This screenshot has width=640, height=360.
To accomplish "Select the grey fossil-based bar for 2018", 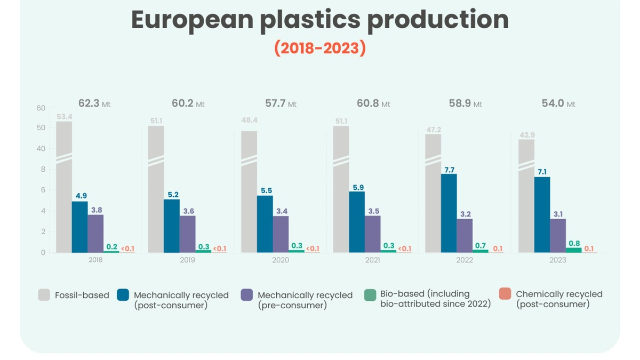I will point(64,187).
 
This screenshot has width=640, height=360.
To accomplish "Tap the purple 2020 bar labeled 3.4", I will point(281,234).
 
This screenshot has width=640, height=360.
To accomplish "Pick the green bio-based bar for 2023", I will point(573,250).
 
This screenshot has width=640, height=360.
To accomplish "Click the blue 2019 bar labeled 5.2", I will point(172,226).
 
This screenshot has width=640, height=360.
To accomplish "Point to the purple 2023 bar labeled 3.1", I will point(558,235).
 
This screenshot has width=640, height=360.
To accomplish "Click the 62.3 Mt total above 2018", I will point(95,103).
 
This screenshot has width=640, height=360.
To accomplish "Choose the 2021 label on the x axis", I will point(373,260).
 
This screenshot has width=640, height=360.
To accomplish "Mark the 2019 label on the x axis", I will point(187,260).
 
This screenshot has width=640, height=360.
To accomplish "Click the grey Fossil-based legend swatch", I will point(44,294).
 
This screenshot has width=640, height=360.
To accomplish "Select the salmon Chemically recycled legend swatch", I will point(505,294).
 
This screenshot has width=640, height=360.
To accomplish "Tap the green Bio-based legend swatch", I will point(370,294).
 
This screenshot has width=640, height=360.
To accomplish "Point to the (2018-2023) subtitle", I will point(320,48).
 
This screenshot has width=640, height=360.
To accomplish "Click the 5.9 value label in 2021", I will point(357,187).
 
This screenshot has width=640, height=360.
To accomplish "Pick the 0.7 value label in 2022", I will point(480,245).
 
